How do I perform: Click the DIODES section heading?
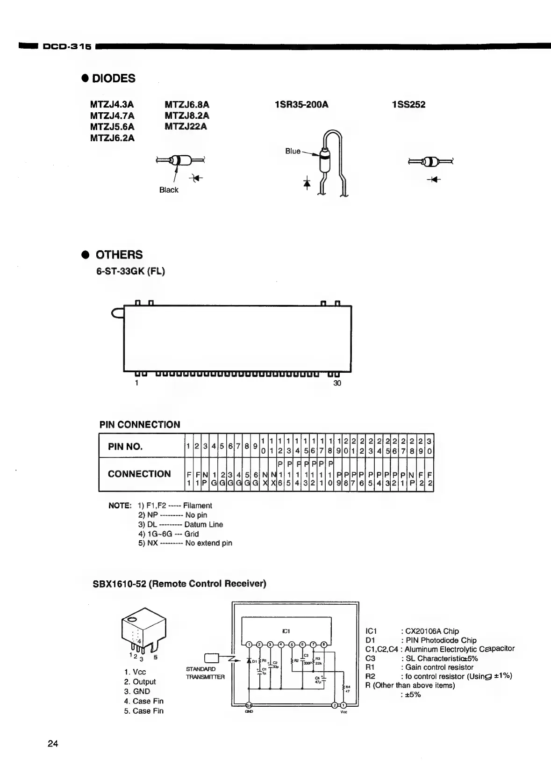click(114, 79)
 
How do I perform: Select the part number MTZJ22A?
click(186, 126)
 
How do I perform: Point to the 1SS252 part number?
click(408, 104)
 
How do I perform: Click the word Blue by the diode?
click(293, 151)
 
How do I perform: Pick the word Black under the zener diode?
click(168, 190)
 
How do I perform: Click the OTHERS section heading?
click(119, 255)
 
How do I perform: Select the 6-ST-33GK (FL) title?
click(130, 271)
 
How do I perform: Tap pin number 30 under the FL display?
click(337, 383)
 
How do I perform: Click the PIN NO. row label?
click(125, 446)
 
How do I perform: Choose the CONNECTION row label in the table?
click(139, 474)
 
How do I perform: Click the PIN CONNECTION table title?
click(140, 425)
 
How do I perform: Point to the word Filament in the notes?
click(197, 506)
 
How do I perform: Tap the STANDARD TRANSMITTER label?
click(205, 673)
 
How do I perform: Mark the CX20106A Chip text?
click(431, 631)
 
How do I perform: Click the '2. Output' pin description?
click(140, 681)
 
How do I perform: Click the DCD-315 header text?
click(67, 46)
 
